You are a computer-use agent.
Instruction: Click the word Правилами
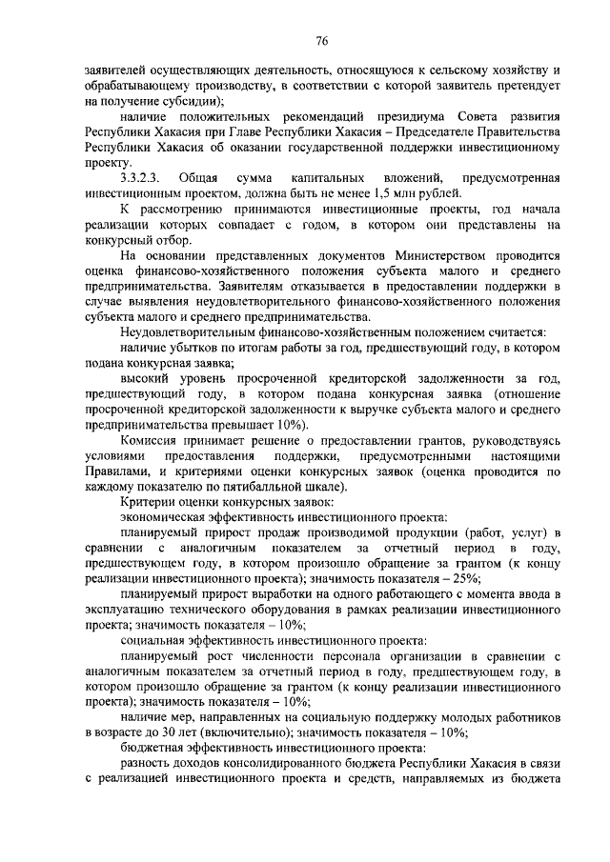pyautogui.click(x=114, y=470)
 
